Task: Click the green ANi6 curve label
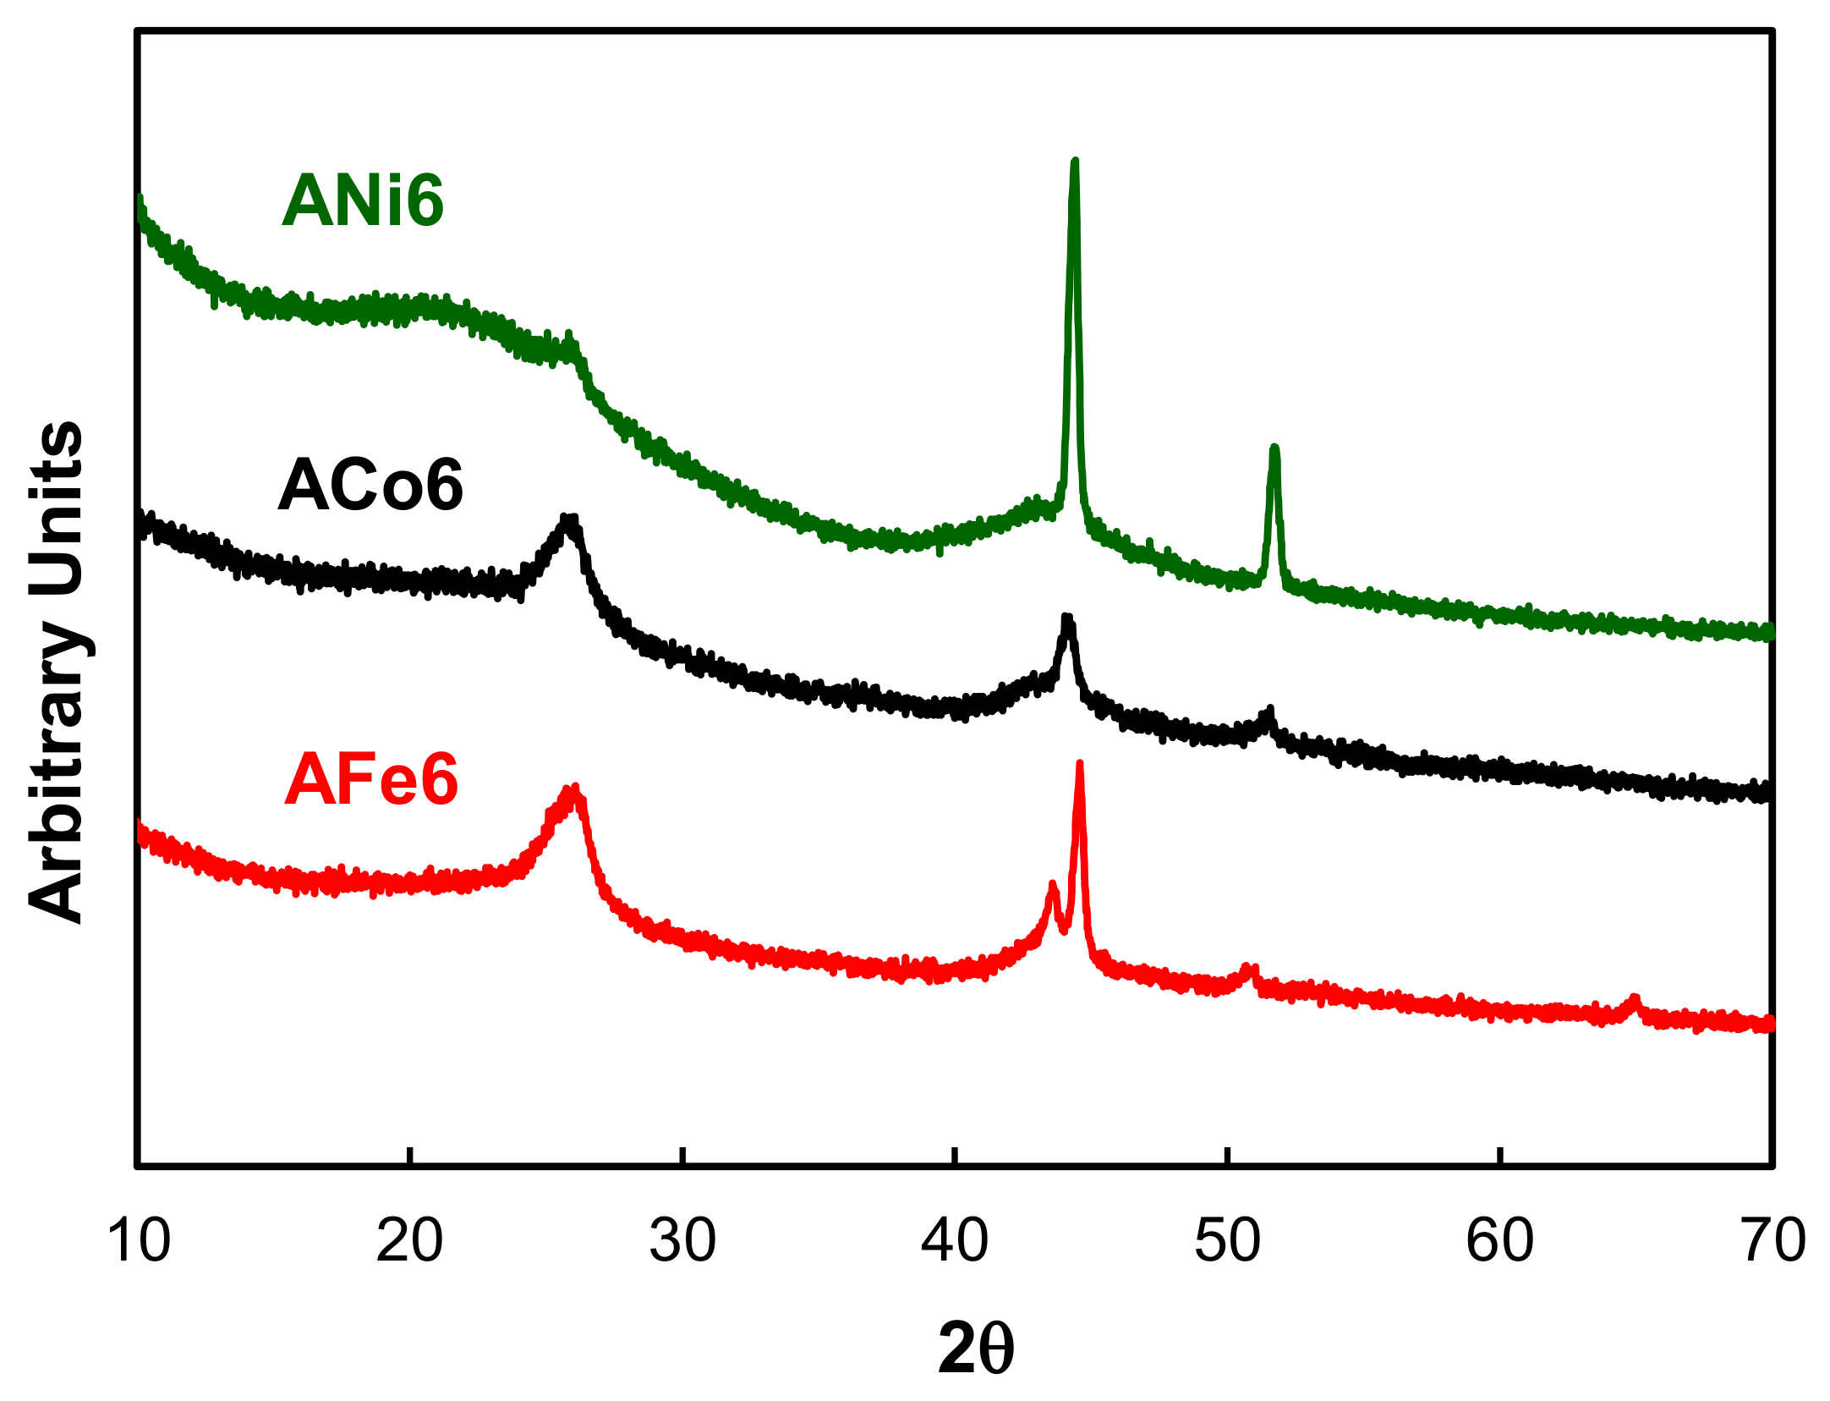pos(363,201)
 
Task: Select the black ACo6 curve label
pos(370,485)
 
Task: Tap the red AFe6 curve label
pos(370,779)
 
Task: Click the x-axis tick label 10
pos(138,1241)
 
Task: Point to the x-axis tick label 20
pos(409,1241)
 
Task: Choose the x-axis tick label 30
pos(682,1241)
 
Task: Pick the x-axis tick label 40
pos(954,1241)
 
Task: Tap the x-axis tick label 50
pos(1227,1241)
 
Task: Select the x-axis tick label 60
pos(1499,1241)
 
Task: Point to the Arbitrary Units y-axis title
pos(58,673)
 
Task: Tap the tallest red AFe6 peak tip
pos(1079,764)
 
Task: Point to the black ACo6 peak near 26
pos(569,519)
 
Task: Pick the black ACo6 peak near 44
pos(1067,618)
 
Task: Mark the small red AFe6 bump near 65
pos(1633,999)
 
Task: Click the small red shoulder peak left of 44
pos(1053,885)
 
